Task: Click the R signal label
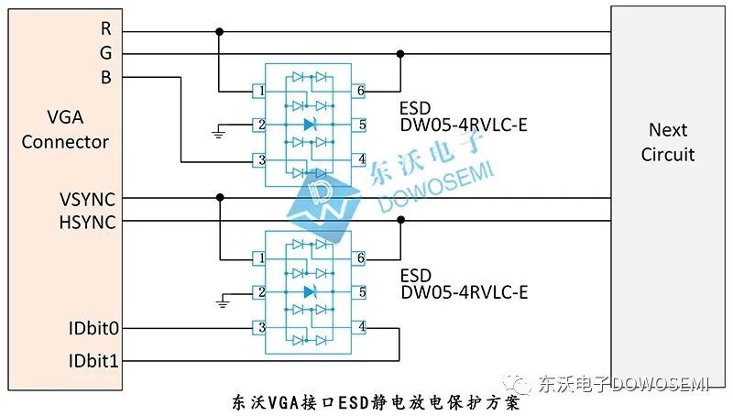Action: tap(106, 29)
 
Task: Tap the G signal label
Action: tap(106, 53)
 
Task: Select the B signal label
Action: tap(106, 77)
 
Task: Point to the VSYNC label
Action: tap(87, 200)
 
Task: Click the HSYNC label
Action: tap(87, 223)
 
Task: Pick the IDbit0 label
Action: tap(93, 329)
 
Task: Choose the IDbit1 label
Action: tap(93, 361)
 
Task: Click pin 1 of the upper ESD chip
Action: tap(259, 91)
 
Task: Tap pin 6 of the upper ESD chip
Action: tap(358, 91)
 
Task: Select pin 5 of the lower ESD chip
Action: tap(359, 292)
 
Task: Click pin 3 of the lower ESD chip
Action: tap(259, 328)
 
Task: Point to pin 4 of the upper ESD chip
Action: tap(358, 159)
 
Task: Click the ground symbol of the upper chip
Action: tap(218, 134)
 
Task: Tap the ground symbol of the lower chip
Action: tap(223, 302)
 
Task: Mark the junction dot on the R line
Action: tap(219, 32)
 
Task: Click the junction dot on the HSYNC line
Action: tap(400, 220)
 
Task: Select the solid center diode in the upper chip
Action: tap(310, 125)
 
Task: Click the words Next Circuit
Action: tap(668, 142)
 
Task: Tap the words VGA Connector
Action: tap(65, 129)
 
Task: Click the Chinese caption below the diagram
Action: tap(376, 403)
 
